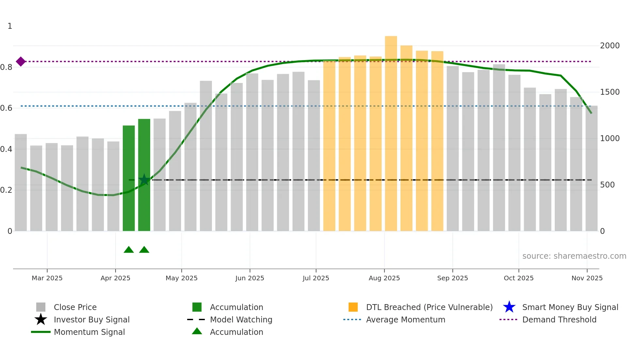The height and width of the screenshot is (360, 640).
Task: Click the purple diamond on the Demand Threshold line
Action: (21, 61)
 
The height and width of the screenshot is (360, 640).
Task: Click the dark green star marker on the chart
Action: (144, 180)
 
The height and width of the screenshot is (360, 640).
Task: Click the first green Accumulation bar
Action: (129, 178)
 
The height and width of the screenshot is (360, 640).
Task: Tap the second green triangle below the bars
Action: (144, 250)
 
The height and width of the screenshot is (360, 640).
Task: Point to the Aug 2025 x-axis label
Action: (384, 278)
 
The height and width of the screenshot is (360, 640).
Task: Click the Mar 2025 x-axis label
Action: (47, 278)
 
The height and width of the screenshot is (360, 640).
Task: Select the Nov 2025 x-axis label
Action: (587, 278)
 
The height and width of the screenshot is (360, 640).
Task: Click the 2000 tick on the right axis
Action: (610, 46)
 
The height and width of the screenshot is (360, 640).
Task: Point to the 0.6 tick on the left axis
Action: (7, 108)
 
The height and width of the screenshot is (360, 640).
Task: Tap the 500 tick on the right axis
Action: (607, 185)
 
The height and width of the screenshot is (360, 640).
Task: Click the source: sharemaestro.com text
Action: (574, 256)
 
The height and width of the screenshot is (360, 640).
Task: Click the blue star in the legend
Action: (509, 307)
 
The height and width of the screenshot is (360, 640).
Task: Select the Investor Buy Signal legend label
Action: (91, 319)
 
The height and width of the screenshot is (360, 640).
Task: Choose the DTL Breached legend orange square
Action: (353, 307)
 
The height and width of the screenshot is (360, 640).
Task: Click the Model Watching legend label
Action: (241, 319)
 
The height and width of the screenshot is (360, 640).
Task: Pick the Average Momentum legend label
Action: (406, 319)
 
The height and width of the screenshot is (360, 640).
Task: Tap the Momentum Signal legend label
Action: (89, 332)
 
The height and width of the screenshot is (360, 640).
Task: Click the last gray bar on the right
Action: (591, 168)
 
